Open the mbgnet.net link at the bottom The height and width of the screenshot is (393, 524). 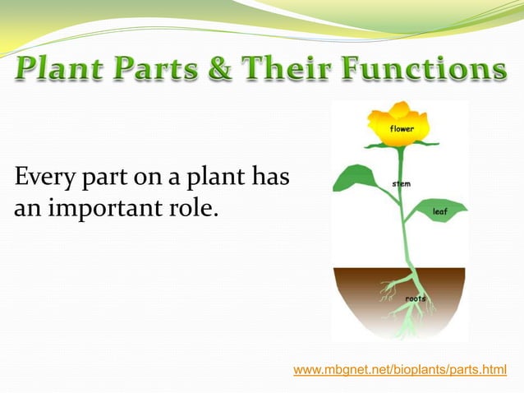[x=400, y=371]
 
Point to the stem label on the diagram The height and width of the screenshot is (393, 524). [x=402, y=183]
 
